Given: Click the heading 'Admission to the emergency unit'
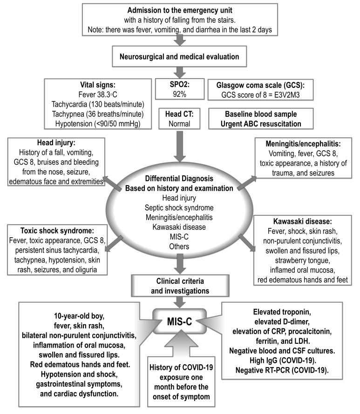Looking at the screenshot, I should coord(180,10).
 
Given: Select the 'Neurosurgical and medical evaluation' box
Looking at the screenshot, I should coord(180,56).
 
